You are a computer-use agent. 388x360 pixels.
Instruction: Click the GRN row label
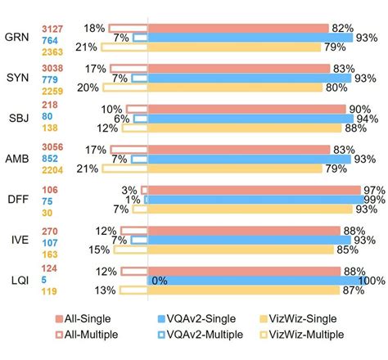coord(15,38)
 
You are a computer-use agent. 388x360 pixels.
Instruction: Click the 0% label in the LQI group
coord(160,281)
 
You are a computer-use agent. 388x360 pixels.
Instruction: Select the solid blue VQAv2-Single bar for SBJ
coord(250,119)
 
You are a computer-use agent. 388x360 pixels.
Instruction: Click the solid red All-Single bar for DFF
coord(254,190)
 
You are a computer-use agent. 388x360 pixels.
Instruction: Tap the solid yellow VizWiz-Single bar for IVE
coord(238,250)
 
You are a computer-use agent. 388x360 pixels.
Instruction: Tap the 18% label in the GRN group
coord(94,28)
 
